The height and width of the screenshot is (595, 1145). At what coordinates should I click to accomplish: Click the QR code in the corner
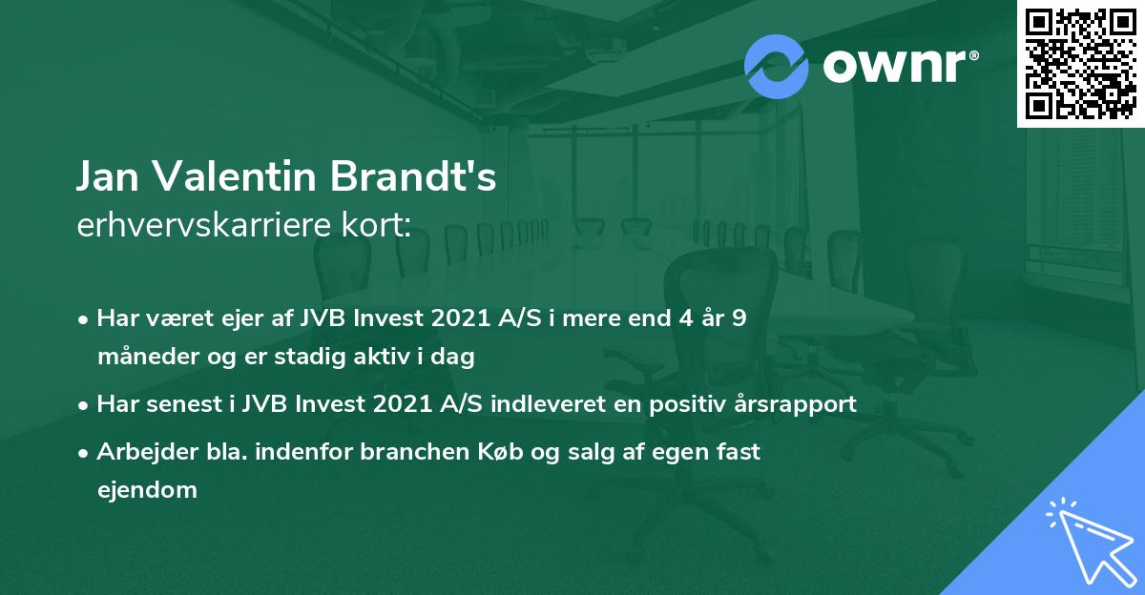[x=1080, y=64]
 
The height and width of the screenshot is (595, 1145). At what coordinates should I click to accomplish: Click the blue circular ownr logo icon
[x=777, y=66]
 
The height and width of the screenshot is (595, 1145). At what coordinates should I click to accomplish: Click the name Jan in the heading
[x=108, y=178]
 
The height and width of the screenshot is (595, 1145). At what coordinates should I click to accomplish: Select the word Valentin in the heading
[x=235, y=178]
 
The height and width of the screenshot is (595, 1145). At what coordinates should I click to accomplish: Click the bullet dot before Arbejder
[x=86, y=452]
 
